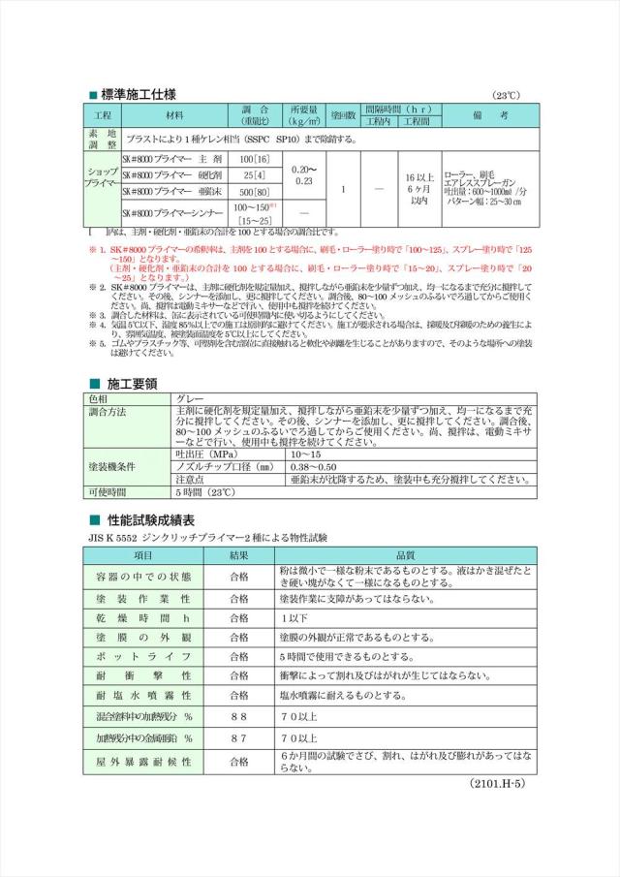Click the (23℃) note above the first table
pos(506,96)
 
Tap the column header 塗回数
pos(344,115)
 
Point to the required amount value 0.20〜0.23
pos(303,175)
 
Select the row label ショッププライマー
pos(101,175)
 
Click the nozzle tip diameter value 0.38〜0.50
pos(316,466)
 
